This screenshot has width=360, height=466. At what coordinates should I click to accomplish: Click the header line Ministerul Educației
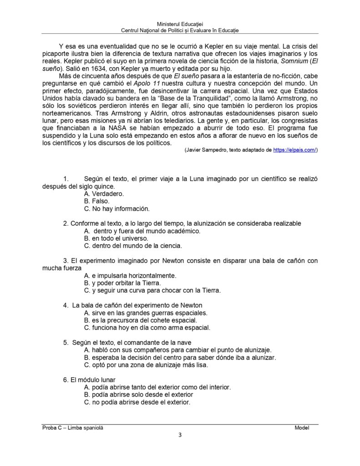tap(180, 23)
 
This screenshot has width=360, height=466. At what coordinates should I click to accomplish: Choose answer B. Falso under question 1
tap(97, 201)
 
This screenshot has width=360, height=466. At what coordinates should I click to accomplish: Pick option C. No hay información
tap(117, 209)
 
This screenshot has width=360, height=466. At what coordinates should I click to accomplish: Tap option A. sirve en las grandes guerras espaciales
tap(146, 313)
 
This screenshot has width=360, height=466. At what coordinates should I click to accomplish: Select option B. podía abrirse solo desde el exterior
tap(139, 395)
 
